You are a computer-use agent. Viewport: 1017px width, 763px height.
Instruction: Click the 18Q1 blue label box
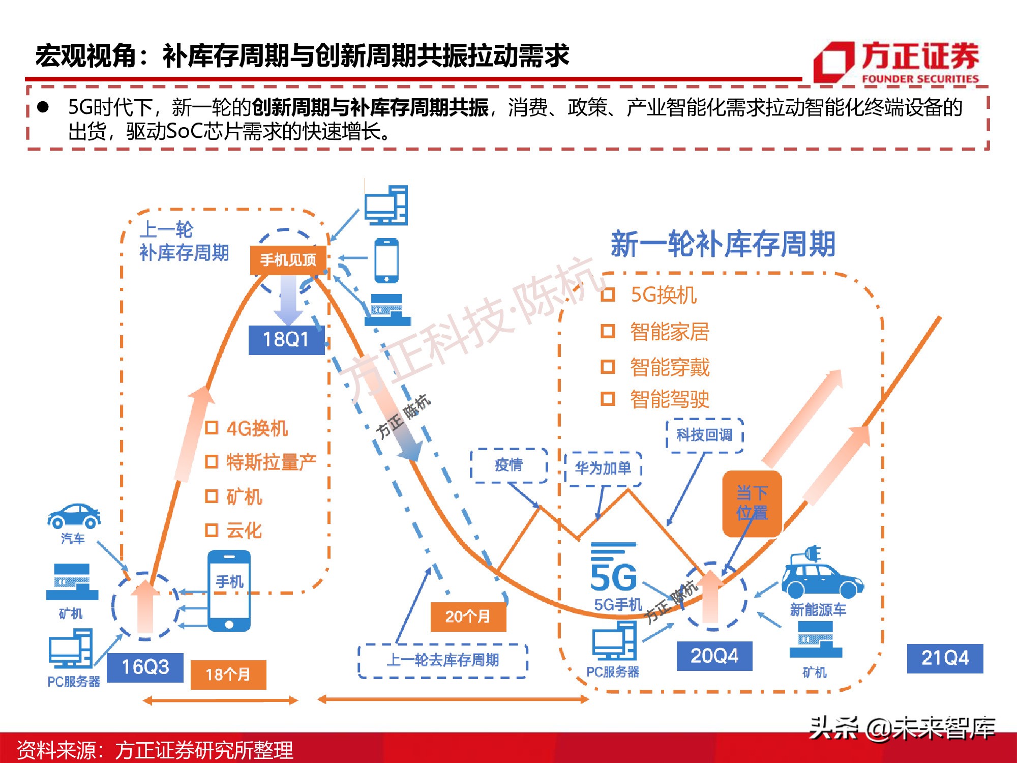[x=286, y=339]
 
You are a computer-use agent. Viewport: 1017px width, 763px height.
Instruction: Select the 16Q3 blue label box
[x=145, y=667]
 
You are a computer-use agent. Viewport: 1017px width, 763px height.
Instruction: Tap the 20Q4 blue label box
[x=714, y=656]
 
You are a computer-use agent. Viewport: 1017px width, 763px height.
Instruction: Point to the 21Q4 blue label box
[x=945, y=658]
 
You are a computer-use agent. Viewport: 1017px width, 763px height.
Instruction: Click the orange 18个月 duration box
[x=228, y=674]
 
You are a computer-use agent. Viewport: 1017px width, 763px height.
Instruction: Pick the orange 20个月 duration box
[x=468, y=617]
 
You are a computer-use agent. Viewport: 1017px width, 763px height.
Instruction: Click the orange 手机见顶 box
[x=288, y=260]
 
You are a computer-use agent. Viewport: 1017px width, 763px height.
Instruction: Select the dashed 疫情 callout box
[x=508, y=465]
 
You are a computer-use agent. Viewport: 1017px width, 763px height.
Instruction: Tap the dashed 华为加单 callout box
[x=603, y=468]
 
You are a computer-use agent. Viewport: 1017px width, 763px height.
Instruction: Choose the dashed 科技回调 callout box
[x=704, y=435]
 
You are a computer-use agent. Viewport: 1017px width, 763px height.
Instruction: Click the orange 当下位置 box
[x=752, y=503]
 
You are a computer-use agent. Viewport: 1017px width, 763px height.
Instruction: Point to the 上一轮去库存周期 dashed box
[x=442, y=660]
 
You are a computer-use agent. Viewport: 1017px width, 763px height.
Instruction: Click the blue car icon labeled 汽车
[x=74, y=516]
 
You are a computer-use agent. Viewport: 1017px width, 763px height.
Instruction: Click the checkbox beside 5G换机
[x=608, y=295]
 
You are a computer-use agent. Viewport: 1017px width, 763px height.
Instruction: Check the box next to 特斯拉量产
[x=211, y=462]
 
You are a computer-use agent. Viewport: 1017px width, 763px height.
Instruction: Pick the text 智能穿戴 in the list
[x=669, y=367]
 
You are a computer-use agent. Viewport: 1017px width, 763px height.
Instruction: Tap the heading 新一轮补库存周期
[x=723, y=244]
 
